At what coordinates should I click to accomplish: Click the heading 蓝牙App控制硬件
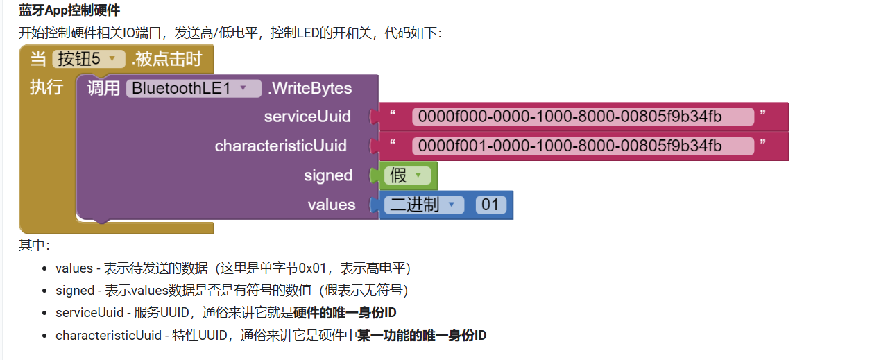69,10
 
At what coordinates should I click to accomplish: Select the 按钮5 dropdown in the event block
88,59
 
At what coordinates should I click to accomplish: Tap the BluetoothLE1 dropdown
193,88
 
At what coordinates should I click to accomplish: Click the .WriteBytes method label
309,88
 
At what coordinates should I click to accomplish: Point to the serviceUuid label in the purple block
307,117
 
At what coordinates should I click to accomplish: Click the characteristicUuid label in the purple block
280,146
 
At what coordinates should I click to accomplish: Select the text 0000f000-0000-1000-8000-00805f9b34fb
581,117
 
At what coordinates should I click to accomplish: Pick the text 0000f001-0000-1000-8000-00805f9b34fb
581,146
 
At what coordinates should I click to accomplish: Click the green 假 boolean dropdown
406,176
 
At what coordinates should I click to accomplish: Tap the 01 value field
490,205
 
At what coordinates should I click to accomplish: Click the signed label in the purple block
328,175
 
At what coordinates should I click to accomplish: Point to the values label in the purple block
332,205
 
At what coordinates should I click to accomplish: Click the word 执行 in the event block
46,87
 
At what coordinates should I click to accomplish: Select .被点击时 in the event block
166,59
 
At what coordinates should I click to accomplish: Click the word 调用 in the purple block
104,88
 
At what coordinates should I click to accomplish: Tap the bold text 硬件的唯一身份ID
345,313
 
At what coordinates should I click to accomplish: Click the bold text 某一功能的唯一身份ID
422,336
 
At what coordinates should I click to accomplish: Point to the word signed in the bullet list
75,290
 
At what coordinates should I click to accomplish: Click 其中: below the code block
34,244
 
